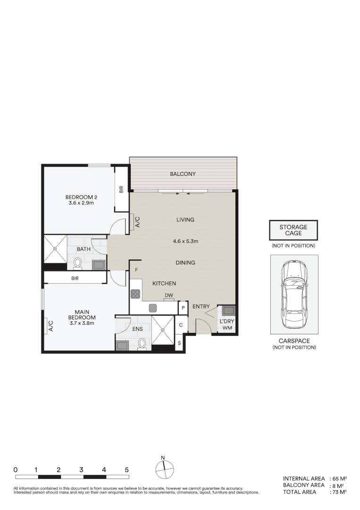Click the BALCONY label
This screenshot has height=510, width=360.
[183, 174]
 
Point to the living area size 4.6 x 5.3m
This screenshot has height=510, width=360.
[185, 241]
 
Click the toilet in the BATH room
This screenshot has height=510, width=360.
[78, 262]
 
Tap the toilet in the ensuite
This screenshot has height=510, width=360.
[142, 343]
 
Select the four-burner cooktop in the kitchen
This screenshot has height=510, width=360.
[135, 294]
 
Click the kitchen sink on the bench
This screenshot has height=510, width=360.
[152, 308]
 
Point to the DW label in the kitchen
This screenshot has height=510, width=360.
[168, 296]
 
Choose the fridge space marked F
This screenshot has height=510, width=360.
[136, 270]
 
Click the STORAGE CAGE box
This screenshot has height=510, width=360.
[293, 230]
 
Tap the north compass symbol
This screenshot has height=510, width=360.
[164, 468]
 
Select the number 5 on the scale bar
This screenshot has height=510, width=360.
[126, 470]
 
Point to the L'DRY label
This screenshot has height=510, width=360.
[227, 322]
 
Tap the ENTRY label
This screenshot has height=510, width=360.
[201, 306]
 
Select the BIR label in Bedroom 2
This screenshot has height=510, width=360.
[121, 189]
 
